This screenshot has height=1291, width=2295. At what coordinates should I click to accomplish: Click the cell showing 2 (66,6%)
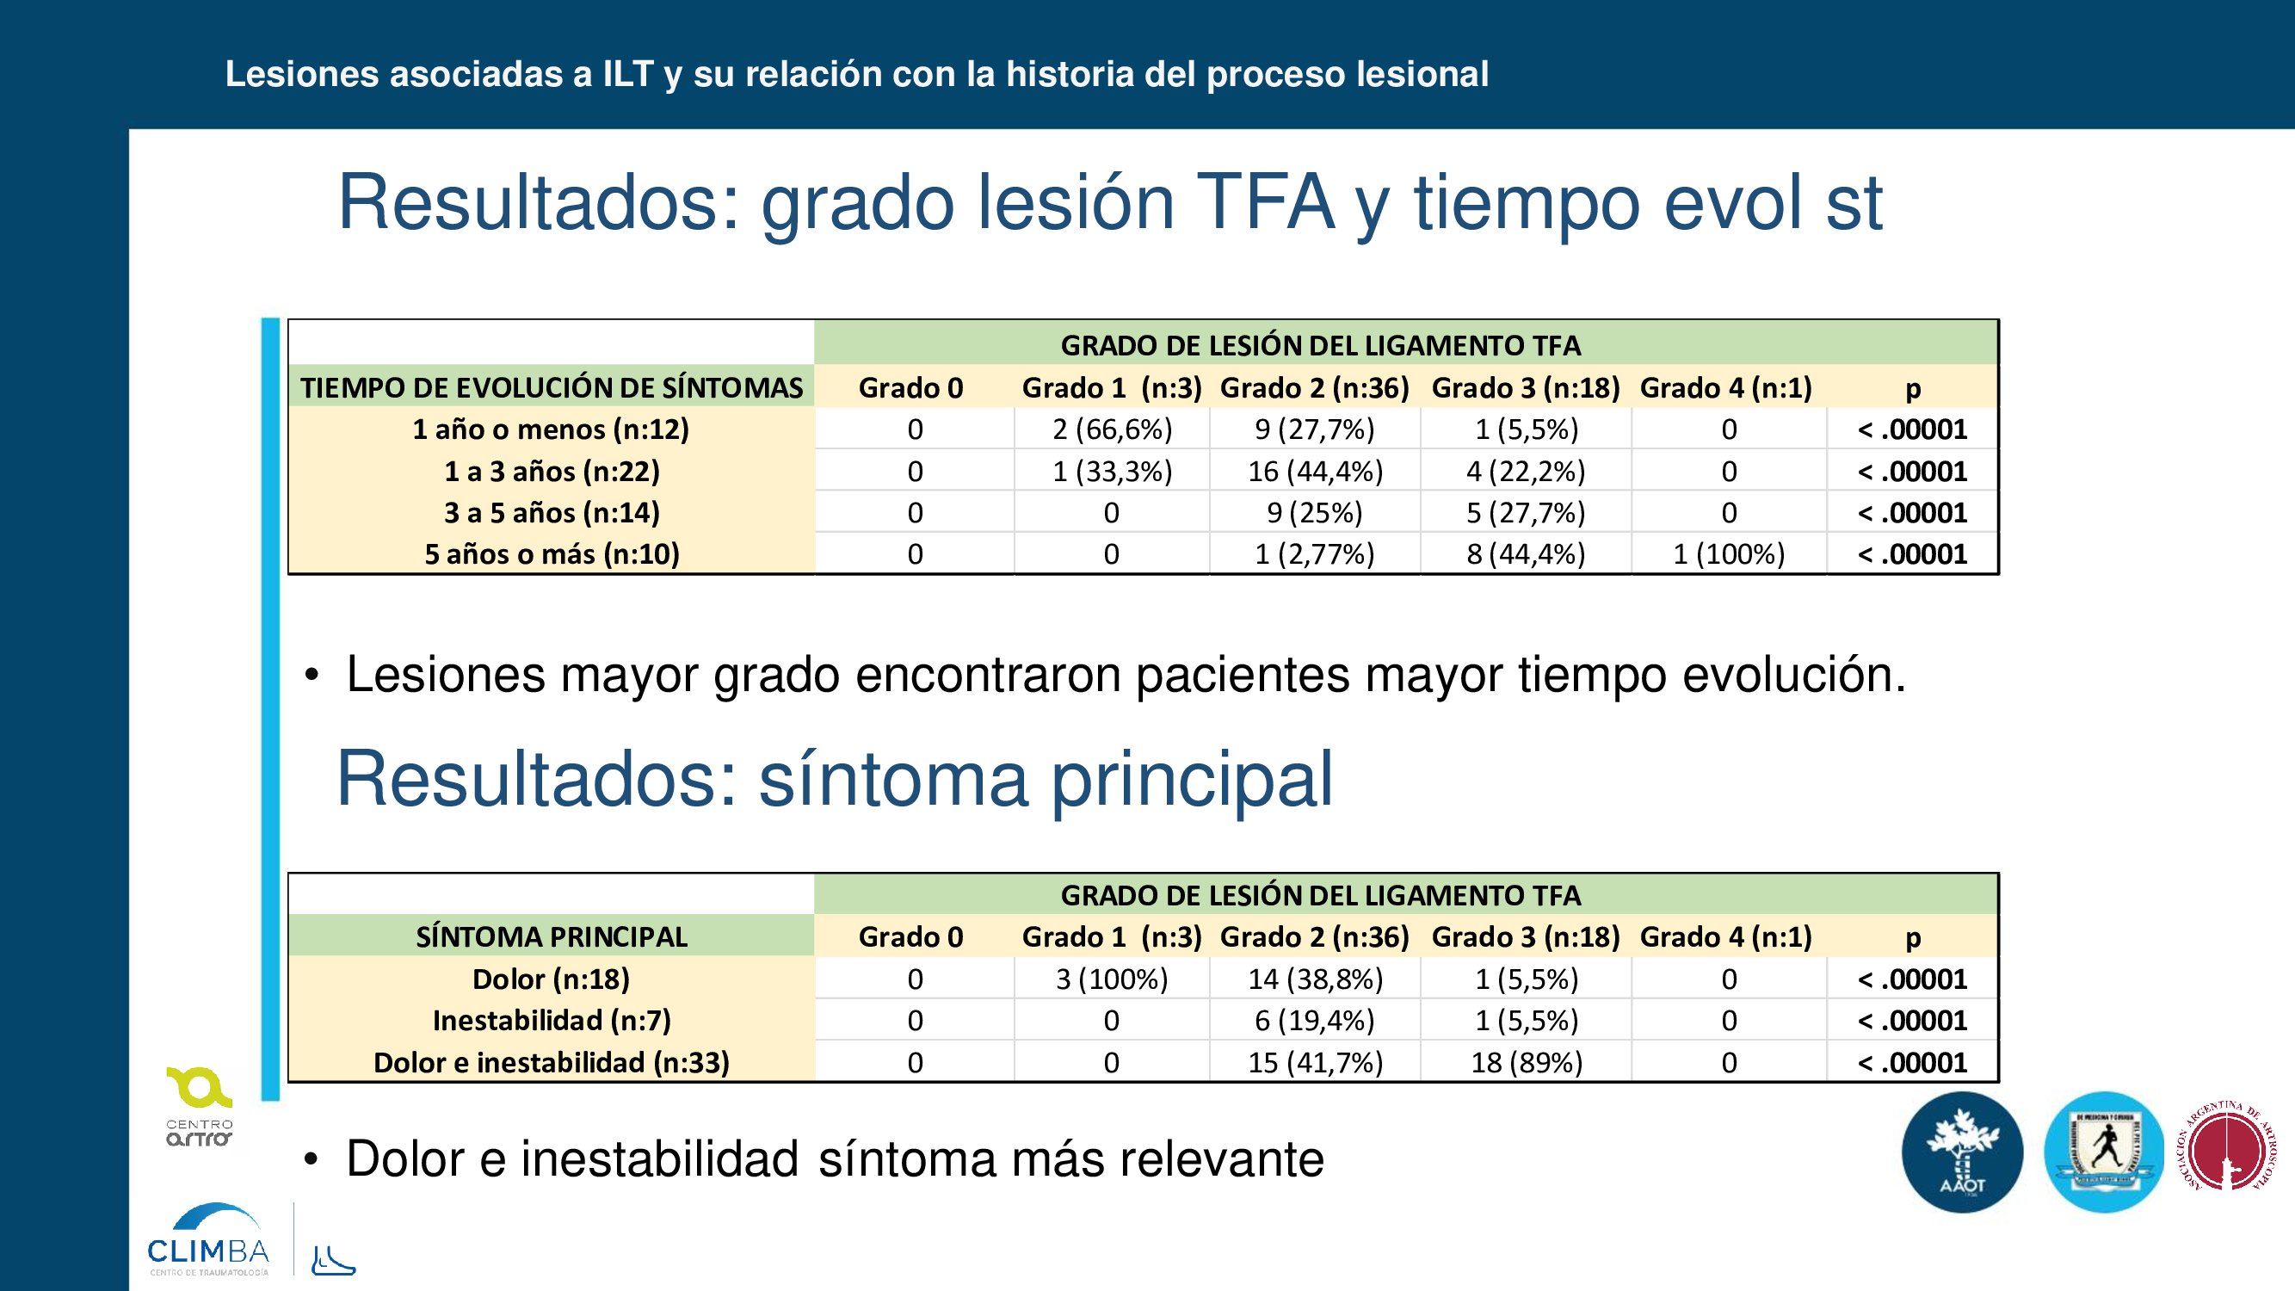1112,429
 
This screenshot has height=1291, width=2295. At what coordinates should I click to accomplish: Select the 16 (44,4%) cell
1315,472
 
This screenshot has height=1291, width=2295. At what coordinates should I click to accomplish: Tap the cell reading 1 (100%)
1729,554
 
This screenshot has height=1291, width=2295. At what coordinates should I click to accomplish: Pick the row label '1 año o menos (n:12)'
551,429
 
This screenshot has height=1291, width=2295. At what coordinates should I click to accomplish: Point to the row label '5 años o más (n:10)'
552,554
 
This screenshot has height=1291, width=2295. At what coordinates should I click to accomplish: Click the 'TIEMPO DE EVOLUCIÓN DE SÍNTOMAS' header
552,387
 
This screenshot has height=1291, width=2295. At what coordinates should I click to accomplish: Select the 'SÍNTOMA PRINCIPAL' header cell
552,937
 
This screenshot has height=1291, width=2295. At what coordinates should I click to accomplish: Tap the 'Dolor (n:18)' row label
551,979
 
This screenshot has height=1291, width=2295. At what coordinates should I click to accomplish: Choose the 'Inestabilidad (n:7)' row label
552,1021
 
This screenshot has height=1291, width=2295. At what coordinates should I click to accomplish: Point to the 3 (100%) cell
1112,979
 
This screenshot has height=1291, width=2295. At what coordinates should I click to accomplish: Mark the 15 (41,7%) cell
1315,1063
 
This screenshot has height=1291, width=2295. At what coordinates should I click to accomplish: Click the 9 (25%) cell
1315,513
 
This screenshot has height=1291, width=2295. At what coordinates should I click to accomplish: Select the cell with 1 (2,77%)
1315,554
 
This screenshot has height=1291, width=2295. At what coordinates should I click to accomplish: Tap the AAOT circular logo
1962,1152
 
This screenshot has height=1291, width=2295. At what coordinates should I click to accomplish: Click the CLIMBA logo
207,1239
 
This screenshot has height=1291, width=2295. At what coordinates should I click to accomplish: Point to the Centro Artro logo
199,1107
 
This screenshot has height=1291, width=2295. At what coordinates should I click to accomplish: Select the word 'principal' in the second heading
1192,781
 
